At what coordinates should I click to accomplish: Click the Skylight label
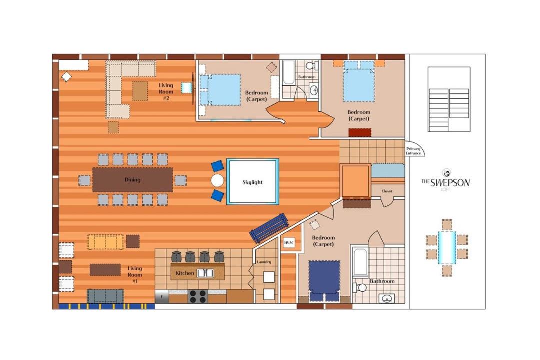pos(252,182)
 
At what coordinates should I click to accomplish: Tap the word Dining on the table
pos(132,180)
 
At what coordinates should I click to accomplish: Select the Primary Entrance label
pos(413,151)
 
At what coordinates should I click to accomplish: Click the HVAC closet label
pos(289,243)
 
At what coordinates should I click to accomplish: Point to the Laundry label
pos(264,262)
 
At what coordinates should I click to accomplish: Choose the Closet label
pos(387,191)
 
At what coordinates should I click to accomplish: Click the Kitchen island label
pos(185,273)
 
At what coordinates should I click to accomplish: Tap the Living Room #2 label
pos(166,92)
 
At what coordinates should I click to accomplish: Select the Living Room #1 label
pos(135,275)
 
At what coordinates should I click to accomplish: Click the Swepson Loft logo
pos(445,180)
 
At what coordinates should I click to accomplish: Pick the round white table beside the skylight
pos(217,180)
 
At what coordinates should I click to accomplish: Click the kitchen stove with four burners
pos(198,296)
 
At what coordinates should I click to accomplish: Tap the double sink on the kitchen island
pos(205,273)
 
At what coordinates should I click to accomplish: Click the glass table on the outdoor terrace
pos(447,248)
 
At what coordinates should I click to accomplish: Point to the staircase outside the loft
pos(449,99)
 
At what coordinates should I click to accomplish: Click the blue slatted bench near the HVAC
pos(269,228)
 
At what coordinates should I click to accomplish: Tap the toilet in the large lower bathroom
pos(359,287)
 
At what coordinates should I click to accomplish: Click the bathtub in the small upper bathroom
pos(288,73)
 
